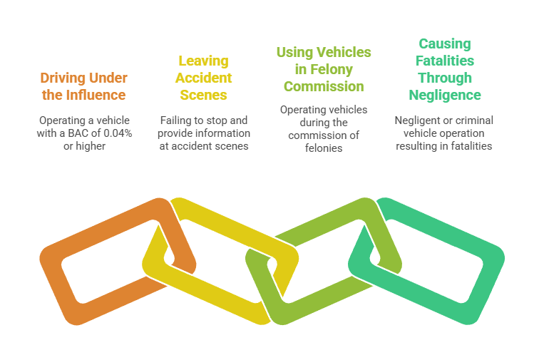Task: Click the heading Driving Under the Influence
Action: [x=83, y=86]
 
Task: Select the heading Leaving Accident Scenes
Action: [x=203, y=77]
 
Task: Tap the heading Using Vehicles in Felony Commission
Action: [x=324, y=69]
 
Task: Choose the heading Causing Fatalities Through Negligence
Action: [x=445, y=68]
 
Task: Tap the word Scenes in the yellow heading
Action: [x=203, y=94]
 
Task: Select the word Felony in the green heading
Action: [x=338, y=69]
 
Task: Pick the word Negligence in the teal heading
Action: [x=445, y=94]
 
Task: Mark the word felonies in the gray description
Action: [x=324, y=148]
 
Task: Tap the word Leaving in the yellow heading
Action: [x=203, y=60]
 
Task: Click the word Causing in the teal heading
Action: [x=445, y=43]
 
